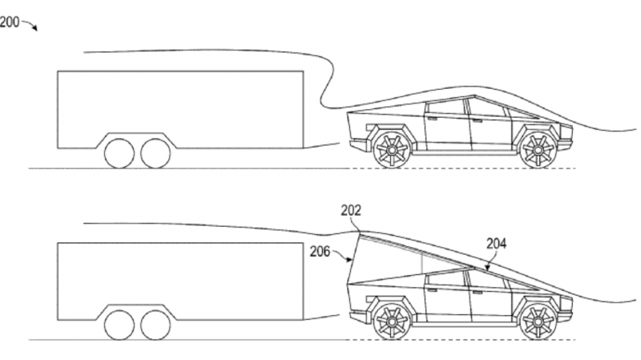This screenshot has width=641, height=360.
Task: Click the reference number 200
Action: click(10, 22)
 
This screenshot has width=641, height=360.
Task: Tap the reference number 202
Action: click(351, 210)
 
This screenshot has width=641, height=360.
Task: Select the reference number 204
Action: click(496, 244)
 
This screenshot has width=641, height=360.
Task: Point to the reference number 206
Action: click(320, 251)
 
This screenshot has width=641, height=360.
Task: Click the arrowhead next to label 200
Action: click(35, 29)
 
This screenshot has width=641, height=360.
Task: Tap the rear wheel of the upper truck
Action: click(392, 150)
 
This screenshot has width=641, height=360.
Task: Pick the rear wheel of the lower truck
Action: click(392, 322)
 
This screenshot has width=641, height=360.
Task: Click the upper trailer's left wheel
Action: click(119, 153)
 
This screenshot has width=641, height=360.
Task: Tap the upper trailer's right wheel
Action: click(155, 153)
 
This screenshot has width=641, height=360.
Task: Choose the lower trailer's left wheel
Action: click(119, 325)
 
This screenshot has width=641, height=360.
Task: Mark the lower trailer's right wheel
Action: click(155, 325)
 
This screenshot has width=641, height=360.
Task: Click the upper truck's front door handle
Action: click(477, 121)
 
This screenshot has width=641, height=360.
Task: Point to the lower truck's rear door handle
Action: click(431, 290)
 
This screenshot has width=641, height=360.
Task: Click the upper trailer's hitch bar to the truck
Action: click(321, 145)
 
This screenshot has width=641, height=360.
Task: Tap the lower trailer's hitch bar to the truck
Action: click(321, 317)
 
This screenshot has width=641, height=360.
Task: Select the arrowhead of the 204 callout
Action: click(487, 269)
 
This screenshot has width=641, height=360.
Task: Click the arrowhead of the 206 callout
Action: click(349, 259)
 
